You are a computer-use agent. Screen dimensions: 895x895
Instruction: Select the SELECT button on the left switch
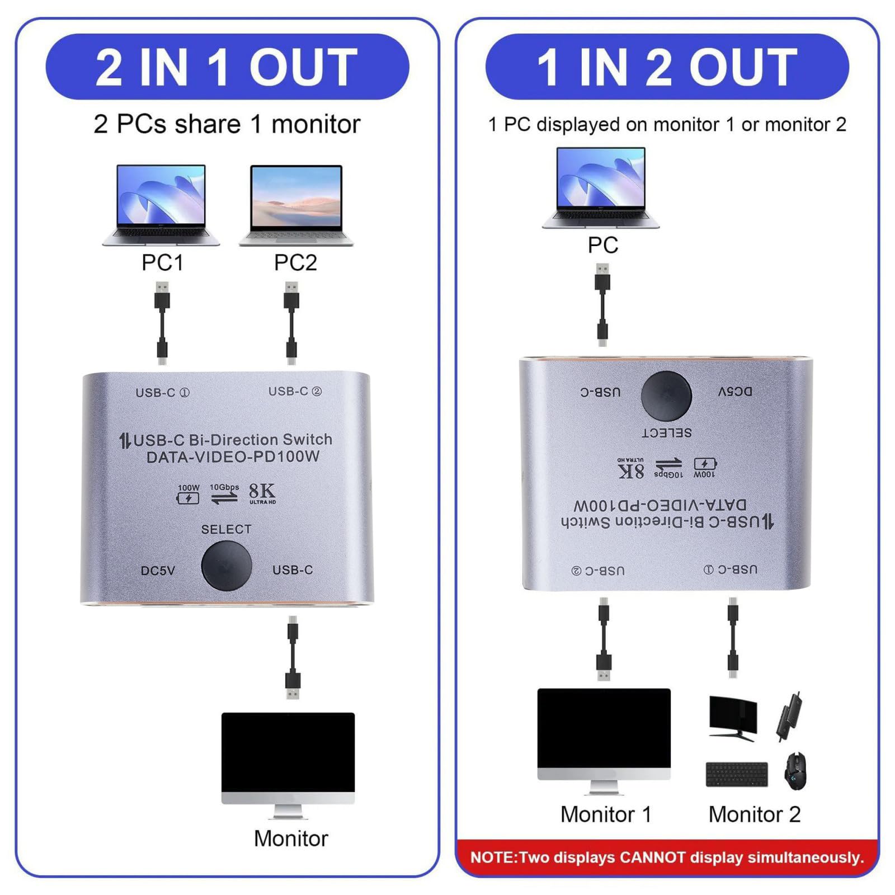coord(226,566)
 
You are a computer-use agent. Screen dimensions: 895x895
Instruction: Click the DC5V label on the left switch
coord(158,571)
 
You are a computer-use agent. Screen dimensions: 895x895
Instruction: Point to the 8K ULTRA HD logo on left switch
coord(262,493)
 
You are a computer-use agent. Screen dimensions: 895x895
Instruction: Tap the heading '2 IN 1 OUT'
coord(227,67)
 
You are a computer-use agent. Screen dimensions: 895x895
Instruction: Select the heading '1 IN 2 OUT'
coord(667,67)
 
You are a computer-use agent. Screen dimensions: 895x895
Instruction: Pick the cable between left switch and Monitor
coord(293,657)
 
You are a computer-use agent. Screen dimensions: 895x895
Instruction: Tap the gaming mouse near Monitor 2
coord(795,771)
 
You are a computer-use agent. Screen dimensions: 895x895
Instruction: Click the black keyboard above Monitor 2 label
coord(737,774)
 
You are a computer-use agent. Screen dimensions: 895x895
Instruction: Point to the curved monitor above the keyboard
coord(733,718)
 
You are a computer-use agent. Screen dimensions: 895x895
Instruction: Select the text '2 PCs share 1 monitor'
coord(227,124)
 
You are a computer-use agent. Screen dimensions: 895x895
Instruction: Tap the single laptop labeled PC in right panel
coord(601,187)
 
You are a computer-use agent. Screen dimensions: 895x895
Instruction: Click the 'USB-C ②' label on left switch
coord(295,392)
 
